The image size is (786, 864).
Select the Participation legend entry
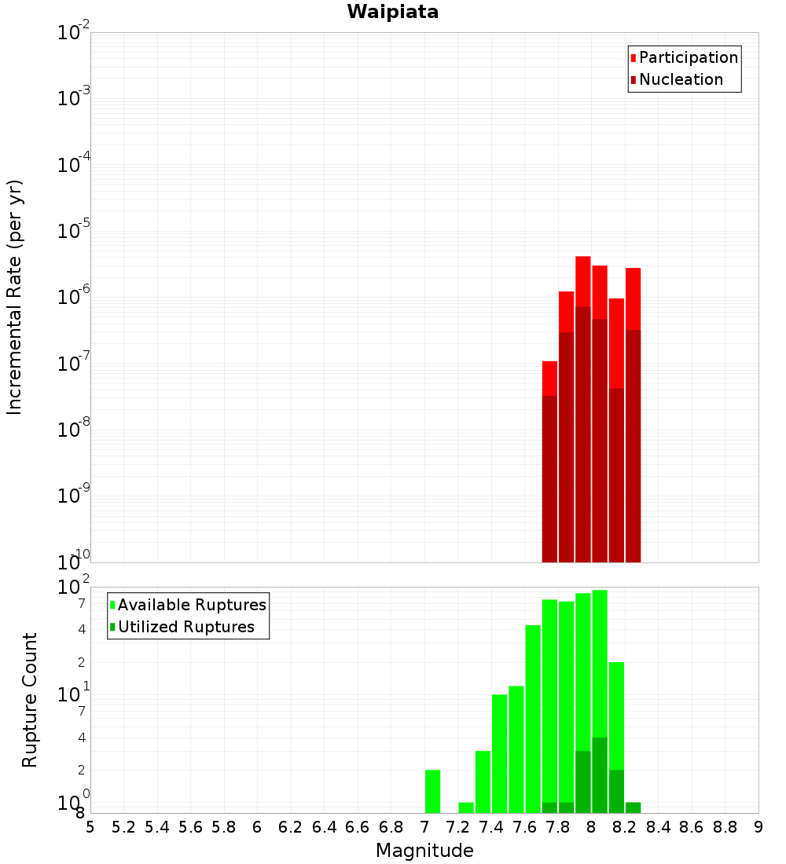(x=689, y=57)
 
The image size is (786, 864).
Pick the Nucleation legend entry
(x=681, y=79)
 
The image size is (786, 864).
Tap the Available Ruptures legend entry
(x=192, y=605)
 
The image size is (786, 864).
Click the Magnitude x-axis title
(x=424, y=851)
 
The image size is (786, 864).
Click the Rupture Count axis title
(x=30, y=699)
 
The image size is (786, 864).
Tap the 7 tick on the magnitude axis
(x=424, y=826)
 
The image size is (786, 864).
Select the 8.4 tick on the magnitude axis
(x=659, y=826)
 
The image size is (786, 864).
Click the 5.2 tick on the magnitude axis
(x=124, y=826)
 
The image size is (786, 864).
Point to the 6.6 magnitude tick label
(x=358, y=826)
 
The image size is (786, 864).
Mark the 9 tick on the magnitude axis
(x=758, y=826)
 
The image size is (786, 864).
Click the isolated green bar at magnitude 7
(x=432, y=791)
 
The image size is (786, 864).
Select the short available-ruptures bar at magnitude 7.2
(x=466, y=807)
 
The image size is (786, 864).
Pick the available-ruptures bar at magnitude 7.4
(x=499, y=754)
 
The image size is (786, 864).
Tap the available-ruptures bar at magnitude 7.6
(x=533, y=719)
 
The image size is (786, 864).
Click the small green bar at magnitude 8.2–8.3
(x=633, y=807)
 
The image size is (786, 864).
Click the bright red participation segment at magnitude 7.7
(x=549, y=378)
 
